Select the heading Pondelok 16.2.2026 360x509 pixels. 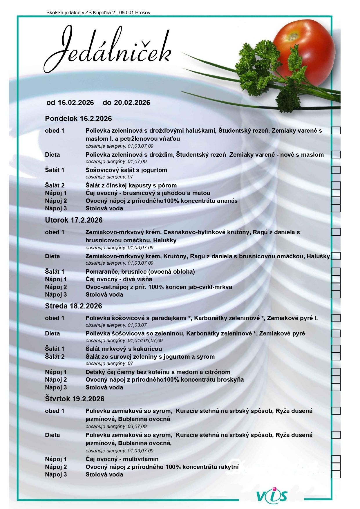(x=78, y=118)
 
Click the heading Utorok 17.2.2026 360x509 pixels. (x=74, y=220)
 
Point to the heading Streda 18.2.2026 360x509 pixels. (x=73, y=306)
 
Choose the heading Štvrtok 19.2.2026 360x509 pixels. (x=75, y=399)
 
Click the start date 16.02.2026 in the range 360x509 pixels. (x=76, y=102)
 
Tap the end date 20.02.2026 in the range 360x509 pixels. (x=132, y=102)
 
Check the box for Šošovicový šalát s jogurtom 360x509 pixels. (x=336, y=170)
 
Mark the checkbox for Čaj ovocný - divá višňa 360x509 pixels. (x=336, y=279)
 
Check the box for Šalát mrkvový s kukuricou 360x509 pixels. (x=336, y=349)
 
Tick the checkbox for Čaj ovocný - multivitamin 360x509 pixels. (x=336, y=459)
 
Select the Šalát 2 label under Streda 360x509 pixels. (x=55, y=356)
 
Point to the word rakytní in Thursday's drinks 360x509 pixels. (x=227, y=467)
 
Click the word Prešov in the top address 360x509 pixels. (x=143, y=12)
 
